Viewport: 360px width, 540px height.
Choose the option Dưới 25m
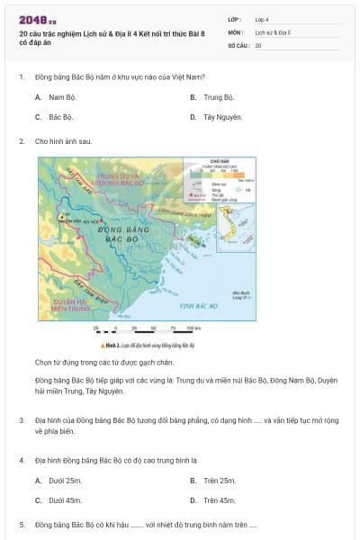tap(53, 481)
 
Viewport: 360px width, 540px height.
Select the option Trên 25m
tap(213, 481)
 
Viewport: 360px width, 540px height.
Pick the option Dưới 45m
tap(54, 500)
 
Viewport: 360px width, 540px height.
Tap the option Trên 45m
tap(213, 500)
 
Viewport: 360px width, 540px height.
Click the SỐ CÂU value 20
tap(258, 44)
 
